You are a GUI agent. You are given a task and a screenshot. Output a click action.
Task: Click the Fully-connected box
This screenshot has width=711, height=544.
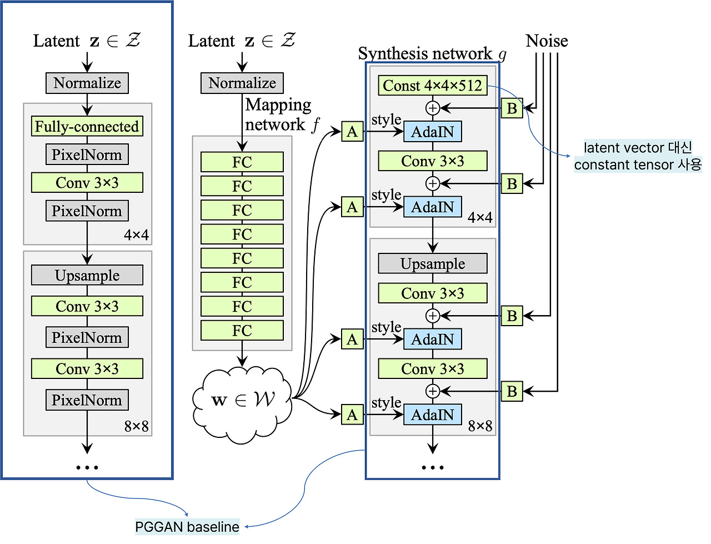(x=87, y=126)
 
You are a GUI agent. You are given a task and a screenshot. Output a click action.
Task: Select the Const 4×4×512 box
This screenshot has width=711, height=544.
(x=432, y=86)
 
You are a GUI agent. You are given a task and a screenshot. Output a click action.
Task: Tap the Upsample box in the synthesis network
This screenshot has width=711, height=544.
(x=432, y=263)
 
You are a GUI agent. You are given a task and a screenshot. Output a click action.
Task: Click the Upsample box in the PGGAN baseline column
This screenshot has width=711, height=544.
(x=87, y=275)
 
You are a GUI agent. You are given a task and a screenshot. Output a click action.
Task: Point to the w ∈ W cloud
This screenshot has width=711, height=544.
(x=242, y=400)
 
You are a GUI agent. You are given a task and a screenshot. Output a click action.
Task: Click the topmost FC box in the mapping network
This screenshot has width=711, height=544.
(x=242, y=162)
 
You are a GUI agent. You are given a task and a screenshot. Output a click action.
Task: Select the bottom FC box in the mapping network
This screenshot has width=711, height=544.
(x=242, y=331)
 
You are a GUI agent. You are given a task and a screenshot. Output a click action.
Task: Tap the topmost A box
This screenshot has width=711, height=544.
(x=352, y=132)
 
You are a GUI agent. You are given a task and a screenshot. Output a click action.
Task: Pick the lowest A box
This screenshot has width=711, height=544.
(x=352, y=415)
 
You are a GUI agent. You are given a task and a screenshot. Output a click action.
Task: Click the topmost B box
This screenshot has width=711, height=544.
(x=512, y=108)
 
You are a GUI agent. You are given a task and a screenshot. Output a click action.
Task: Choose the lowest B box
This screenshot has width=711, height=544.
(x=512, y=391)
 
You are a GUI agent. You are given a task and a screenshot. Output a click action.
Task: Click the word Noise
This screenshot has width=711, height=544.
(x=547, y=41)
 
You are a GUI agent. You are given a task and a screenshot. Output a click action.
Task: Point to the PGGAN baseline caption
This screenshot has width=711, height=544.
(x=187, y=527)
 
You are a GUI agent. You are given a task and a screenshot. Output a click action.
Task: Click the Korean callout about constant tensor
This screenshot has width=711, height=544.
(x=638, y=156)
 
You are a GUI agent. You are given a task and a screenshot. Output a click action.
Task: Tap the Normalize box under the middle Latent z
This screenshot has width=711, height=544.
(x=242, y=83)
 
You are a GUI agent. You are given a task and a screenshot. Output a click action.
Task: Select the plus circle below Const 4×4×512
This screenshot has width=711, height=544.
(x=432, y=108)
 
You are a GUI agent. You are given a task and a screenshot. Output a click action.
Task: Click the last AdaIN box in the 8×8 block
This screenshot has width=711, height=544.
(x=432, y=415)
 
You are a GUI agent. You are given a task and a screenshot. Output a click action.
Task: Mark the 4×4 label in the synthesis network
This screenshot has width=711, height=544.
(x=480, y=217)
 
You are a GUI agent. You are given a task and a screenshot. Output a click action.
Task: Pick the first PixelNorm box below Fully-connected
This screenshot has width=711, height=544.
(x=87, y=154)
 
